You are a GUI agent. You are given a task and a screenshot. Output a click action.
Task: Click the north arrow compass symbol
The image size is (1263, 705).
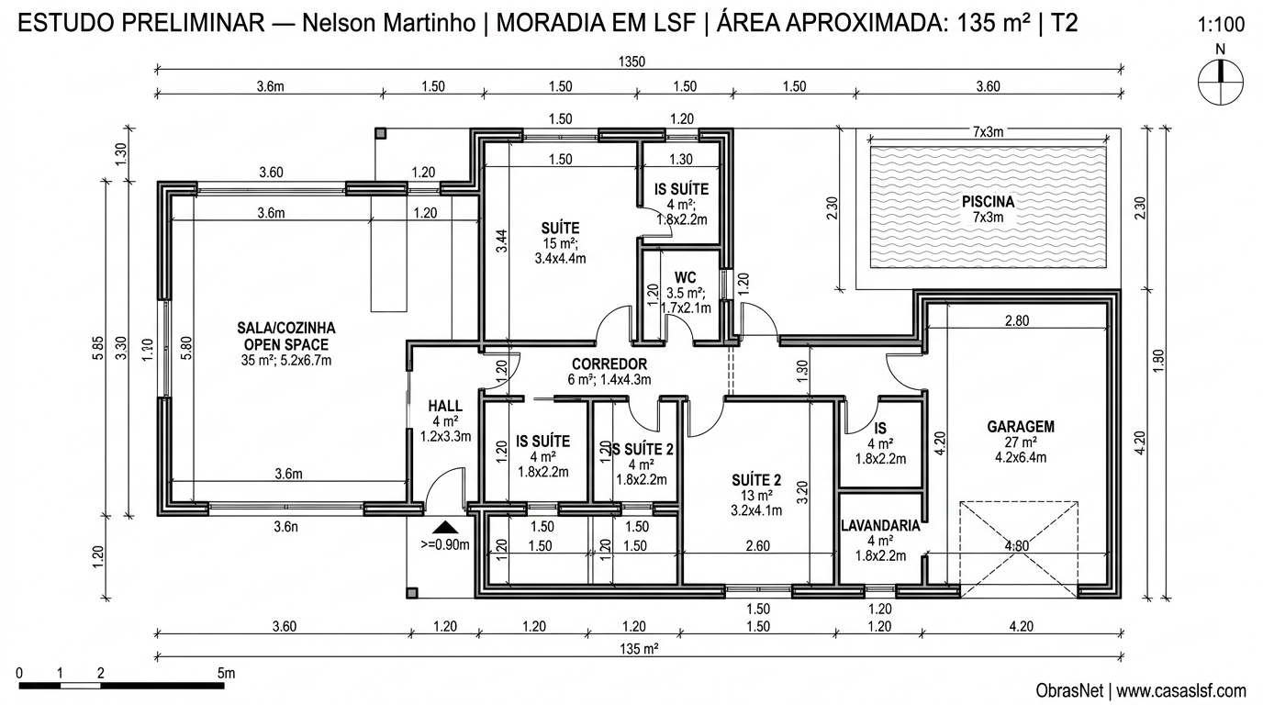pyautogui.click(x=1220, y=81)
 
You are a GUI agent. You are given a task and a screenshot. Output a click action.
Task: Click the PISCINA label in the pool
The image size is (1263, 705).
pyautogui.click(x=988, y=202)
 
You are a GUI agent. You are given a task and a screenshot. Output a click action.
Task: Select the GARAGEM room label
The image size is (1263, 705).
pyautogui.click(x=1020, y=426)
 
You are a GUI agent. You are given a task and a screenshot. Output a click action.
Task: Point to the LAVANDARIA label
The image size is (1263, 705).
pyautogui.click(x=880, y=526)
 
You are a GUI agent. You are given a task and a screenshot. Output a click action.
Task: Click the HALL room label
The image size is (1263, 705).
pyautogui.click(x=445, y=406)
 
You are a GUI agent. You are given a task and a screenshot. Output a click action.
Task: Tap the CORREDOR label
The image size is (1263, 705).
pyautogui.click(x=609, y=364)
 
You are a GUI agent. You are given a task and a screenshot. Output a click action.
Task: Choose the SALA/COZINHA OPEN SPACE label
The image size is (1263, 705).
pyautogui.click(x=285, y=336)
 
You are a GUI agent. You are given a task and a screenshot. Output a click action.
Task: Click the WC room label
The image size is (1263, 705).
pyautogui.click(x=685, y=277)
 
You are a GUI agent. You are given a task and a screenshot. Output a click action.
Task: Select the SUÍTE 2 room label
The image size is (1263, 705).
pyautogui.click(x=756, y=479)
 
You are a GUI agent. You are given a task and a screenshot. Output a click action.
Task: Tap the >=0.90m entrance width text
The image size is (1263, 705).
pyautogui.click(x=445, y=544)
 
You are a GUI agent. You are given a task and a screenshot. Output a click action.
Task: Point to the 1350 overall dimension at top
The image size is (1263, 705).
pyautogui.click(x=632, y=62)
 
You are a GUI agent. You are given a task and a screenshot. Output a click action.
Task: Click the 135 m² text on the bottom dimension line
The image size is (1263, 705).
pyautogui.click(x=640, y=649)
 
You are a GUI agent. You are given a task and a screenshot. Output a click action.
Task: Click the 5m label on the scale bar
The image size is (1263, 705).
pyautogui.click(x=227, y=673)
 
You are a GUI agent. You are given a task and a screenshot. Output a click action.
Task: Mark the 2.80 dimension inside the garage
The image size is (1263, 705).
pyautogui.click(x=1016, y=320)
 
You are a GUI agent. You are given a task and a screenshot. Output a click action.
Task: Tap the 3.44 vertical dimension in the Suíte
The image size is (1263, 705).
pyautogui.click(x=501, y=241)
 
